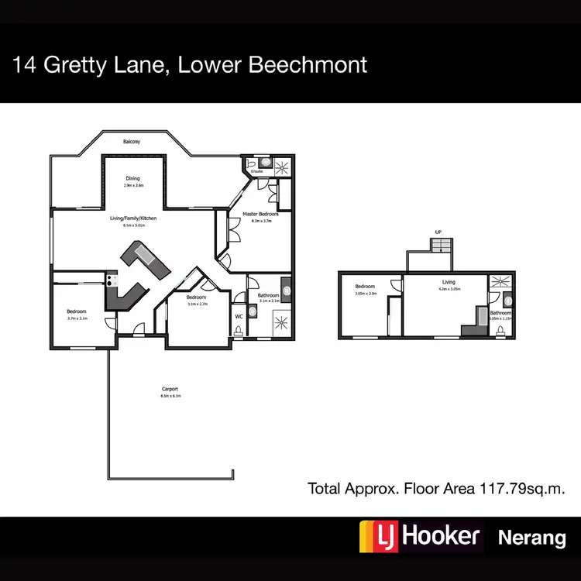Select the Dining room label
[x=133, y=179]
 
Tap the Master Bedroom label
[x=256, y=214]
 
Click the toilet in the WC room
[x=239, y=330]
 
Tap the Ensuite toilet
[x=266, y=163]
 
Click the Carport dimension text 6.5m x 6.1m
[x=171, y=397]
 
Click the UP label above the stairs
[x=438, y=232]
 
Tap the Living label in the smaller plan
[x=449, y=283]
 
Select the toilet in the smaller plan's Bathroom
[x=501, y=331]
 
